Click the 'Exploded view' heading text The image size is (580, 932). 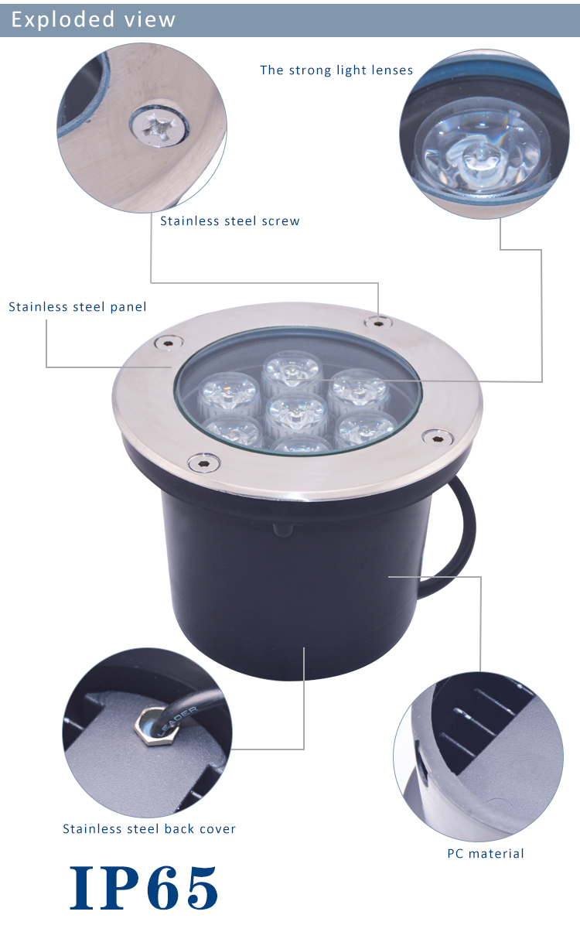point(94,19)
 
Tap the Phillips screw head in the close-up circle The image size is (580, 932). point(159,126)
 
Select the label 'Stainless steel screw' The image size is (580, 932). point(230,221)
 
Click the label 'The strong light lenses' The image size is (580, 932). point(336,70)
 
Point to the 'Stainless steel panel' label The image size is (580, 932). point(77,307)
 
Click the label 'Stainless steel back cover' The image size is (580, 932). point(149,829)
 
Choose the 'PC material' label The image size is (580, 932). point(485,854)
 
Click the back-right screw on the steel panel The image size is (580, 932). point(378,323)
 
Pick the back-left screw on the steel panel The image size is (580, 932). point(169,343)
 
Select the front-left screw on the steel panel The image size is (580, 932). point(204,463)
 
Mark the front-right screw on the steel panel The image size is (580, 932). point(438,438)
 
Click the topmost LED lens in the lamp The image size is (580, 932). point(292,370)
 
